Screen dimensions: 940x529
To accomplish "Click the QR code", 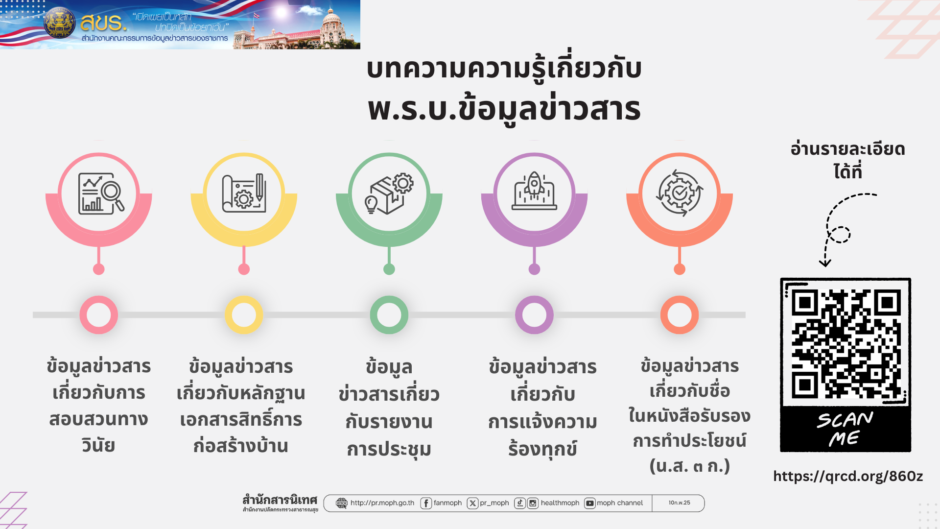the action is (x=846, y=343).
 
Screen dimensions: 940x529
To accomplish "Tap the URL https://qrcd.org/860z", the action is (x=848, y=476).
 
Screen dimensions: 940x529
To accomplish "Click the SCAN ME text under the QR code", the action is (x=845, y=429).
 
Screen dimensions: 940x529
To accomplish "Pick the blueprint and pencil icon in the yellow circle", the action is (x=244, y=193).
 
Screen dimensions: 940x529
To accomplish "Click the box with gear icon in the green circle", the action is (x=389, y=193).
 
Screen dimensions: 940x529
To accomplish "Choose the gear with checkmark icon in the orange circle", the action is (x=680, y=193).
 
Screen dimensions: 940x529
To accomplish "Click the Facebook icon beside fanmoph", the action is (x=426, y=503).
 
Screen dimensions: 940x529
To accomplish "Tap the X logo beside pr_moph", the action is (x=472, y=503).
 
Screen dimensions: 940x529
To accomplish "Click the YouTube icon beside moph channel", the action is (x=590, y=503).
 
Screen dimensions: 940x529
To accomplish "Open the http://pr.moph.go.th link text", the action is (x=382, y=503).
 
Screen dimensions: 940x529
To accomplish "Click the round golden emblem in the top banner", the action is (x=60, y=23).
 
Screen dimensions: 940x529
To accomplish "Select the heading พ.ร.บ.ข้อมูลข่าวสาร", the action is (x=504, y=109).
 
